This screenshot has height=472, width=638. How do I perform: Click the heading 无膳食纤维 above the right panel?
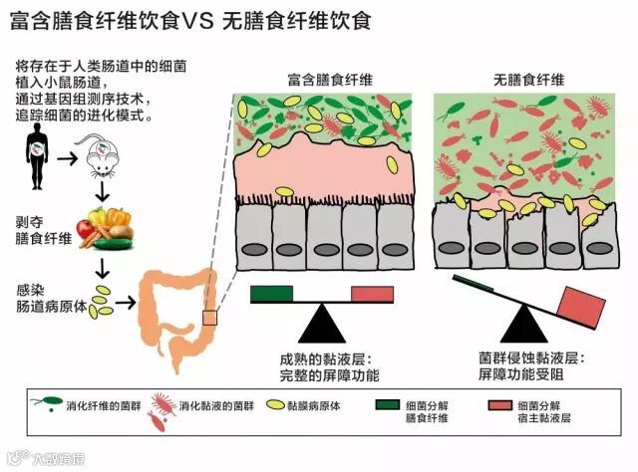coord(527,80)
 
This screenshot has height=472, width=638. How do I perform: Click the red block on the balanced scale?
coord(372,294)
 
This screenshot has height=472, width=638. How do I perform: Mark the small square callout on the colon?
coord(209,318)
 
